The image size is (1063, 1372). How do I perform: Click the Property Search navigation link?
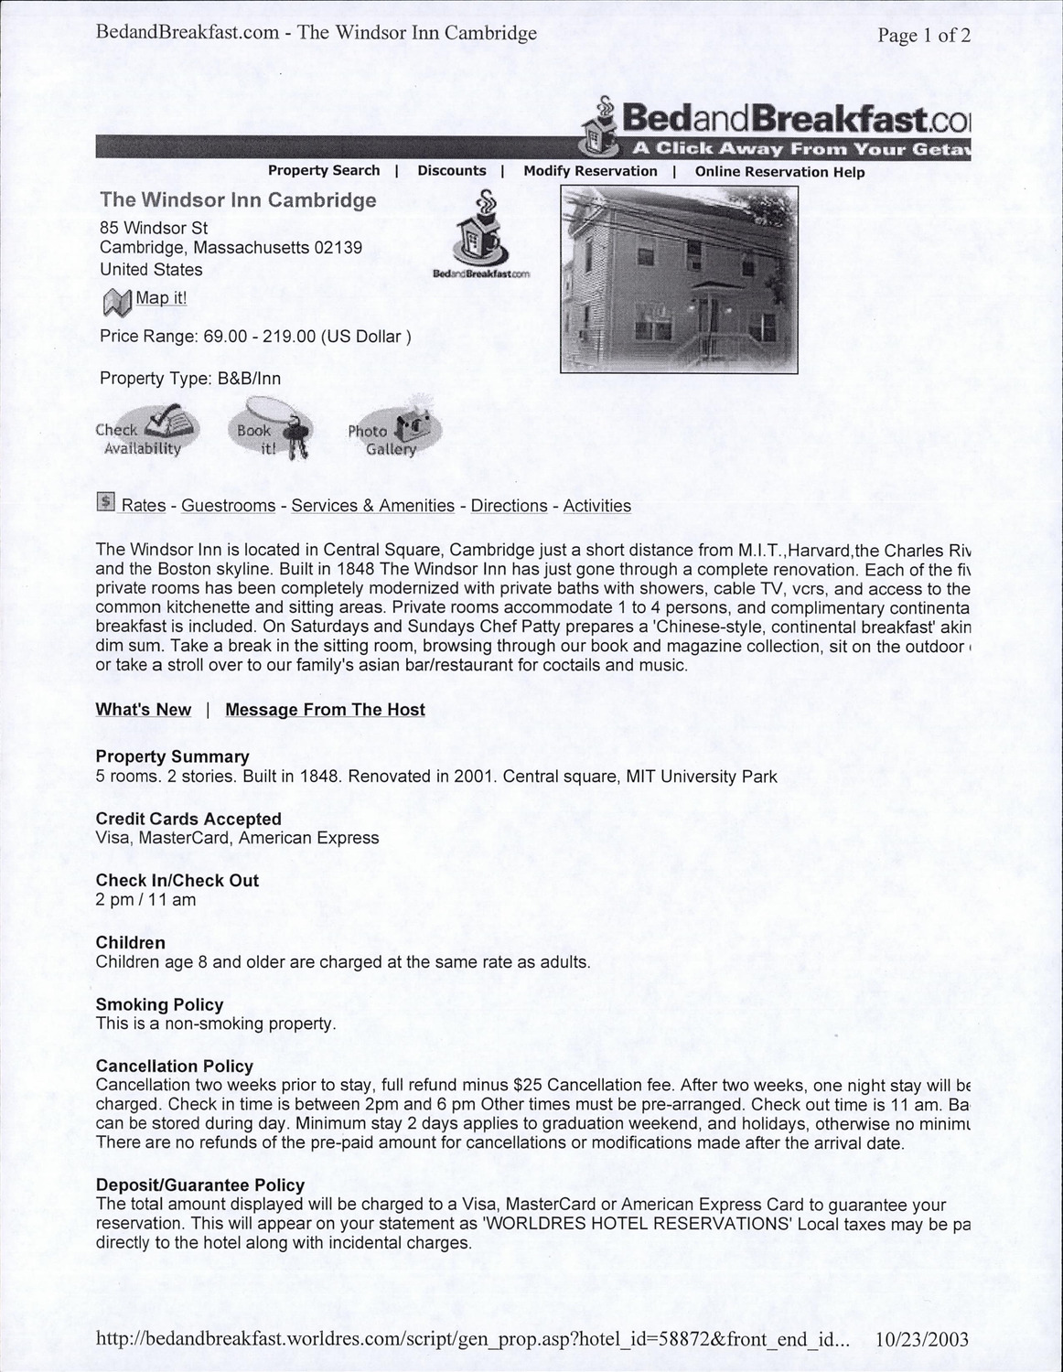323,171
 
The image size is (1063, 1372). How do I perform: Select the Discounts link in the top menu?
452,171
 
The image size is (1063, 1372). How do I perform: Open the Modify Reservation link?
590,171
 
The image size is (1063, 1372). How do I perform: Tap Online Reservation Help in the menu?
779,172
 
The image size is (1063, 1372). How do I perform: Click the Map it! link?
161,298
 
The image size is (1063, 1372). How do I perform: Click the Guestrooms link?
229,506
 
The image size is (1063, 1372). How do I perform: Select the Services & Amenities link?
373,506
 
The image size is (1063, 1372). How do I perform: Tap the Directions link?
510,506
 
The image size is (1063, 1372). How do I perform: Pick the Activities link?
597,506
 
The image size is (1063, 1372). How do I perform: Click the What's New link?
144,710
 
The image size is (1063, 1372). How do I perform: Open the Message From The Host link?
325,710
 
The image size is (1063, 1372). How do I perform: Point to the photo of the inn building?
679,280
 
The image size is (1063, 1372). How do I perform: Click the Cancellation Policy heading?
175,1067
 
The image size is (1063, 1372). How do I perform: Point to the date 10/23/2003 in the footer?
921,1340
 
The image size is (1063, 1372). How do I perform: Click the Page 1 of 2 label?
923,36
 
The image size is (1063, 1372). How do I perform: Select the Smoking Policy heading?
160,1004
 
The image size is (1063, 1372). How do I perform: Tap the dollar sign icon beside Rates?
106,502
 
